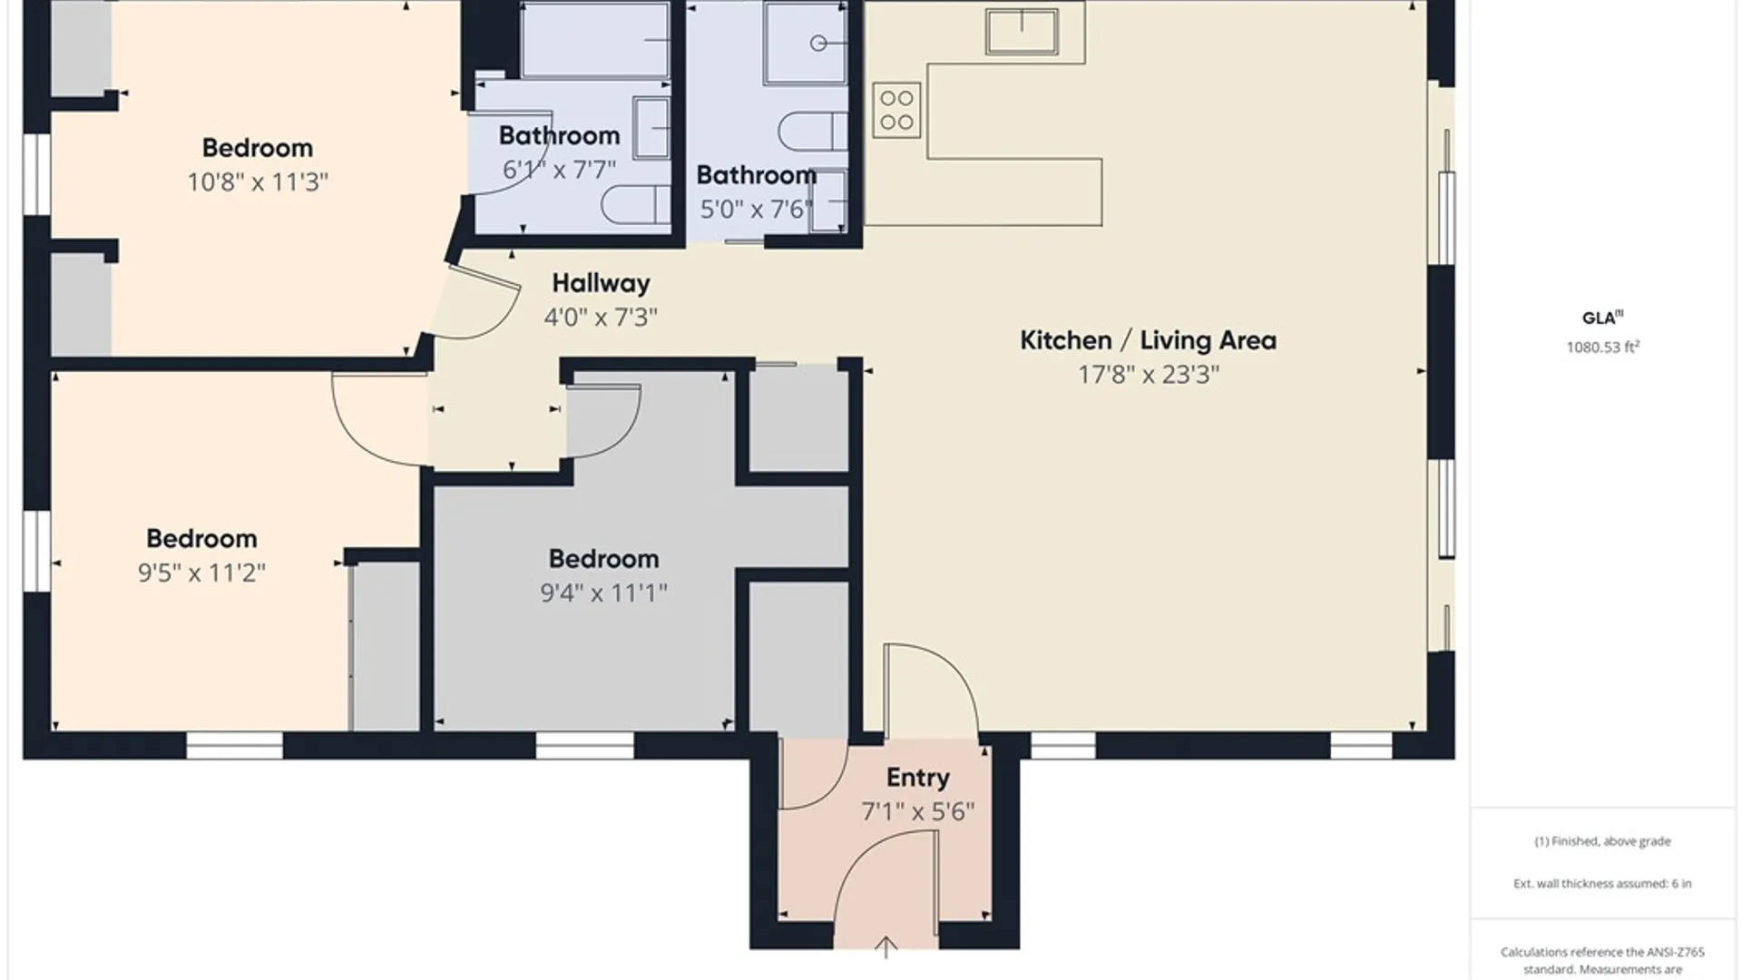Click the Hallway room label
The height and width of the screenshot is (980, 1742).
601,283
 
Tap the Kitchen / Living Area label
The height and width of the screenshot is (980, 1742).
1148,340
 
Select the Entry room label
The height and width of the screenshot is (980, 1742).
918,778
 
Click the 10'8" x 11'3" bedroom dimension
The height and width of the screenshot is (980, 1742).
258,182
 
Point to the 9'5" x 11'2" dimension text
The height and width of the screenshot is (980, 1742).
201,573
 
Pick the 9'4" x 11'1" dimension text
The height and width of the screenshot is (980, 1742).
603,593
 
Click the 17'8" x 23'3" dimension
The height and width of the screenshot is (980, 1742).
1148,375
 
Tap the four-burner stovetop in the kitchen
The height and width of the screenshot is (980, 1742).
896,110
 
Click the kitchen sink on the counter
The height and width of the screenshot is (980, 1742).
1023,32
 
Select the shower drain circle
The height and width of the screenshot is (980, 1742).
818,43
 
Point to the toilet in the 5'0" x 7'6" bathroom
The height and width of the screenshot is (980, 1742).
813,132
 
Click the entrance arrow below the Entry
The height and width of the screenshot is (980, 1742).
886,947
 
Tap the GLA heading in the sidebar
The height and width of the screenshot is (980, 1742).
1602,318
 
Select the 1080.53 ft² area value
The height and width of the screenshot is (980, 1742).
1602,347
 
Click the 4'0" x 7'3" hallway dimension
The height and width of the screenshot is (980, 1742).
601,318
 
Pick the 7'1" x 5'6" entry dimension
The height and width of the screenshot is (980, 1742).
918,811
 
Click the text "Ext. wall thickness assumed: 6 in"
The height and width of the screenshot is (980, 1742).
1602,883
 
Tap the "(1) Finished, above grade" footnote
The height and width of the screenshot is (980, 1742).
1602,841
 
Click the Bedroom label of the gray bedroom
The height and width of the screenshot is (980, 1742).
603,559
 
